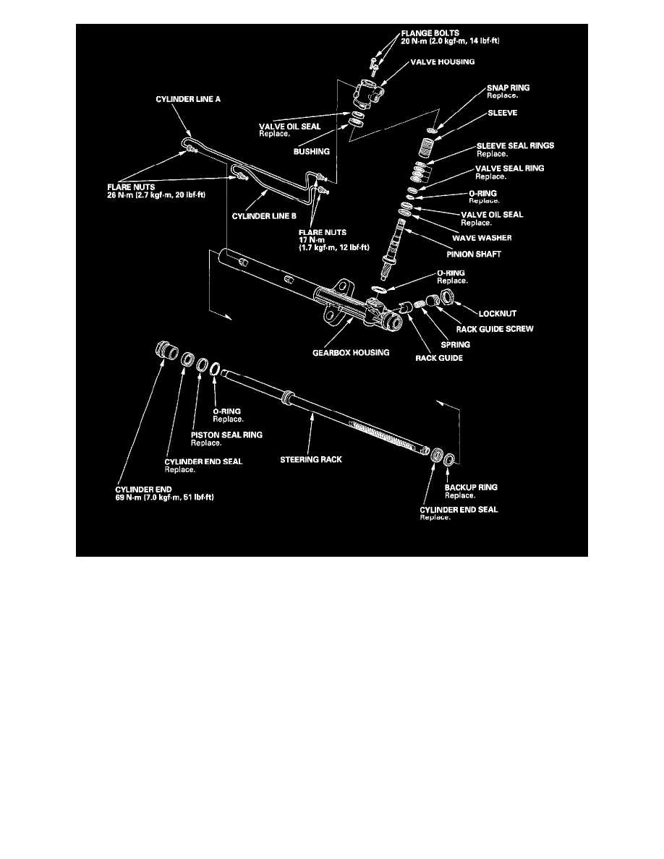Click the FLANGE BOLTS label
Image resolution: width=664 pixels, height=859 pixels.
(430, 33)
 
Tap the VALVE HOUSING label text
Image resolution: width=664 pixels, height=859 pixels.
(443, 62)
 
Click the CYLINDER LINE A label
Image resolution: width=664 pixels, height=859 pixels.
(188, 99)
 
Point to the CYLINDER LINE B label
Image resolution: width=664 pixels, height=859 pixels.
(264, 216)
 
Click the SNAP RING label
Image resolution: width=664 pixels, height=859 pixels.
(508, 87)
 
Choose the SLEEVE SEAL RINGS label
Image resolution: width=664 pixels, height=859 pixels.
(515, 146)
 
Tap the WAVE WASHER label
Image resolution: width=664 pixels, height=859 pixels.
(482, 238)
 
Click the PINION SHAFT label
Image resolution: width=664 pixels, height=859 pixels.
(473, 255)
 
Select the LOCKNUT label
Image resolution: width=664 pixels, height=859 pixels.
(498, 314)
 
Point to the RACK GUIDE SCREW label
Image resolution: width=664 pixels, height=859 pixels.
(495, 329)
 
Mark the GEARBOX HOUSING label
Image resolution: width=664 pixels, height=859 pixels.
(351, 353)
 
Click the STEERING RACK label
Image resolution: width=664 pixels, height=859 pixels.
(310, 460)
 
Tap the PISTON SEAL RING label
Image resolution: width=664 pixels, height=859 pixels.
(226, 435)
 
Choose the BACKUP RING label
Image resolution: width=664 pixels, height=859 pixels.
(471, 487)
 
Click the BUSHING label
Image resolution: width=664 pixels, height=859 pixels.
(311, 152)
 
